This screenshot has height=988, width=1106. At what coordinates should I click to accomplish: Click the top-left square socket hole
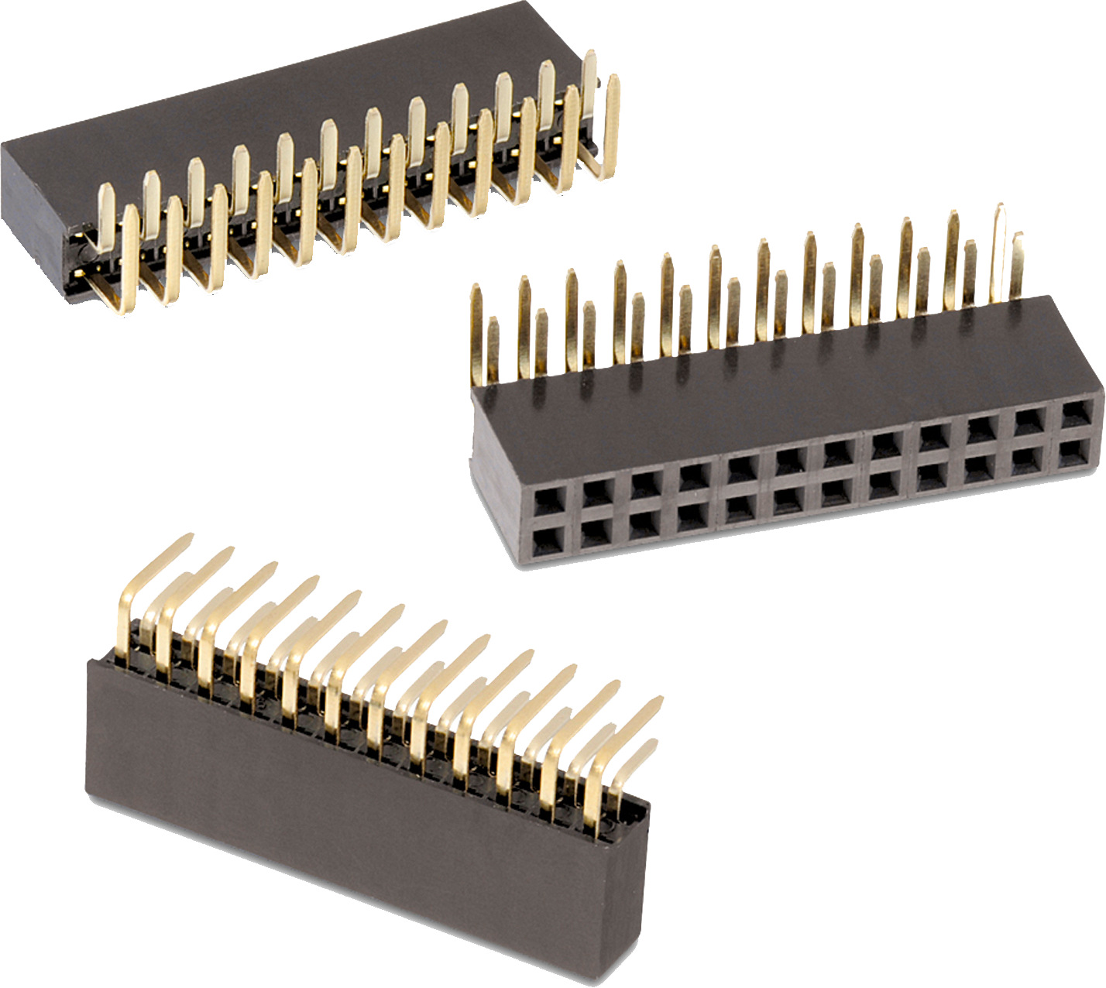coord(548,499)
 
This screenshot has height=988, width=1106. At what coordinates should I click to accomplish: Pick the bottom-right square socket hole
coord(1074,449)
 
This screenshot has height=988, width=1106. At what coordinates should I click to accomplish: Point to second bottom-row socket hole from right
coord(1028,458)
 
